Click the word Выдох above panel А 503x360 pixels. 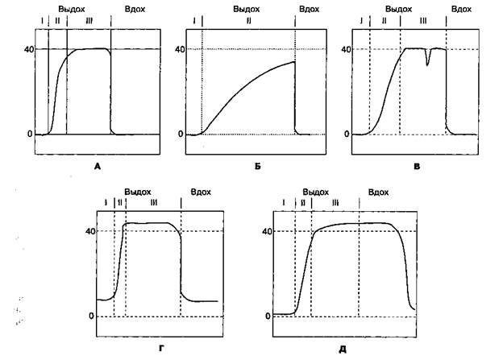71,7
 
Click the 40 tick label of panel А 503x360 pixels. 27,49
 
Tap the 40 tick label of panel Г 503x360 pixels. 89,231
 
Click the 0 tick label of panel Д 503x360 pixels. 267,316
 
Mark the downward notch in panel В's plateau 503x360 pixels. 428,61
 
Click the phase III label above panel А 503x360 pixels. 88,19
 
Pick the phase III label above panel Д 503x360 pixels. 335,203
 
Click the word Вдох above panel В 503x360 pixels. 461,7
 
